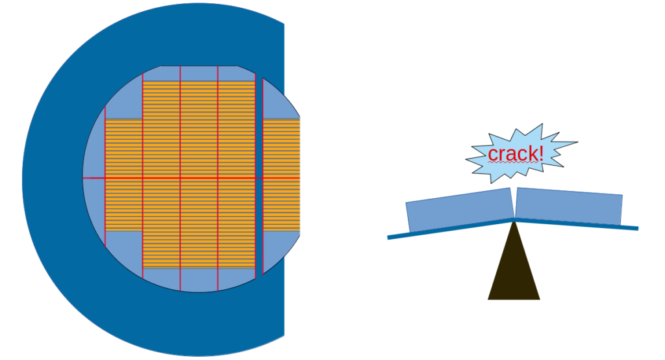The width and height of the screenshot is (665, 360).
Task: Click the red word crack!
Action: point(515,154)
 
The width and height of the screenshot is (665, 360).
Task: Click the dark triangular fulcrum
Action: point(514,273)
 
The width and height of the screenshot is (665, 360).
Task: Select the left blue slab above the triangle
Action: point(458,209)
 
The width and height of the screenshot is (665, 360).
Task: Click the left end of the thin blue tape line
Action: point(390,237)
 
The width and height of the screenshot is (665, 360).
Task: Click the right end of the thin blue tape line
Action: point(636,228)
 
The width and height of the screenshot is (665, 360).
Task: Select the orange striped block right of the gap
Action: point(281,175)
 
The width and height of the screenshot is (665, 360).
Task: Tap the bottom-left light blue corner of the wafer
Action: point(120,250)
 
